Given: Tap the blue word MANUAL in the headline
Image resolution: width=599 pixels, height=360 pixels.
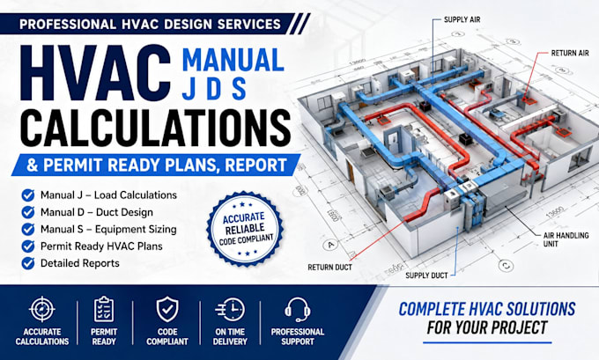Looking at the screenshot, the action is (x=233, y=61).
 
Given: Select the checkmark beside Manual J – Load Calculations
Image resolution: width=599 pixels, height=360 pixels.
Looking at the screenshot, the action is (x=28, y=195).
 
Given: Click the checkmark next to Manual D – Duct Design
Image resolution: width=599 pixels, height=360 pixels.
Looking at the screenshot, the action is (x=28, y=212).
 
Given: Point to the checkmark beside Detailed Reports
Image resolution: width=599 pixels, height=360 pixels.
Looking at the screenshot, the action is (x=28, y=263).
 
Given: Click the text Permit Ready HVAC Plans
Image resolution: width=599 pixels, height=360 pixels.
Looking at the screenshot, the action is (x=101, y=246).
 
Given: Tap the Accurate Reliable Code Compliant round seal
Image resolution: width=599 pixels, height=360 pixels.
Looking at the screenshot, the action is (x=245, y=229).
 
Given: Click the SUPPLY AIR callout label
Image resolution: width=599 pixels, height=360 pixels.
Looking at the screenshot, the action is (x=462, y=20).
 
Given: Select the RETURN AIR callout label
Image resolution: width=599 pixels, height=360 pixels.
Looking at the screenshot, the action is (x=570, y=54).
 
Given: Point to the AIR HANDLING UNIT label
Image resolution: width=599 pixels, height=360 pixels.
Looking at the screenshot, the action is (x=566, y=239).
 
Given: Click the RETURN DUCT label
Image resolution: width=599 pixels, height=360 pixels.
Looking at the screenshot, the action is (x=329, y=268).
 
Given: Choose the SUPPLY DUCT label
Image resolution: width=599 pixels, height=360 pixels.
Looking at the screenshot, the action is (x=426, y=276).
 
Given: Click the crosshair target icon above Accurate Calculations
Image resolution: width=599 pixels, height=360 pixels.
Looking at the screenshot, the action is (x=42, y=309).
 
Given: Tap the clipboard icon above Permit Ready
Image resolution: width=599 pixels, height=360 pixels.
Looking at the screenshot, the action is (x=104, y=309).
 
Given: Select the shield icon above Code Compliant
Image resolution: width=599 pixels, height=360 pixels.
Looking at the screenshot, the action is (x=167, y=310).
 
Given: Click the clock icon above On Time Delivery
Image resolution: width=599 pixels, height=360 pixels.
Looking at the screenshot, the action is (x=231, y=310).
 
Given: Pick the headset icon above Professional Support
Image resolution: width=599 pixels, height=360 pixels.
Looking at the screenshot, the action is (x=298, y=310).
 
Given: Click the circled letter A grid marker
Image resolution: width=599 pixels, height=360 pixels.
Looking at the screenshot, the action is (x=331, y=245).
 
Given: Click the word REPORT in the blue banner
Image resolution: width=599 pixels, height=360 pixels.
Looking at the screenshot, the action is (x=256, y=165).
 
